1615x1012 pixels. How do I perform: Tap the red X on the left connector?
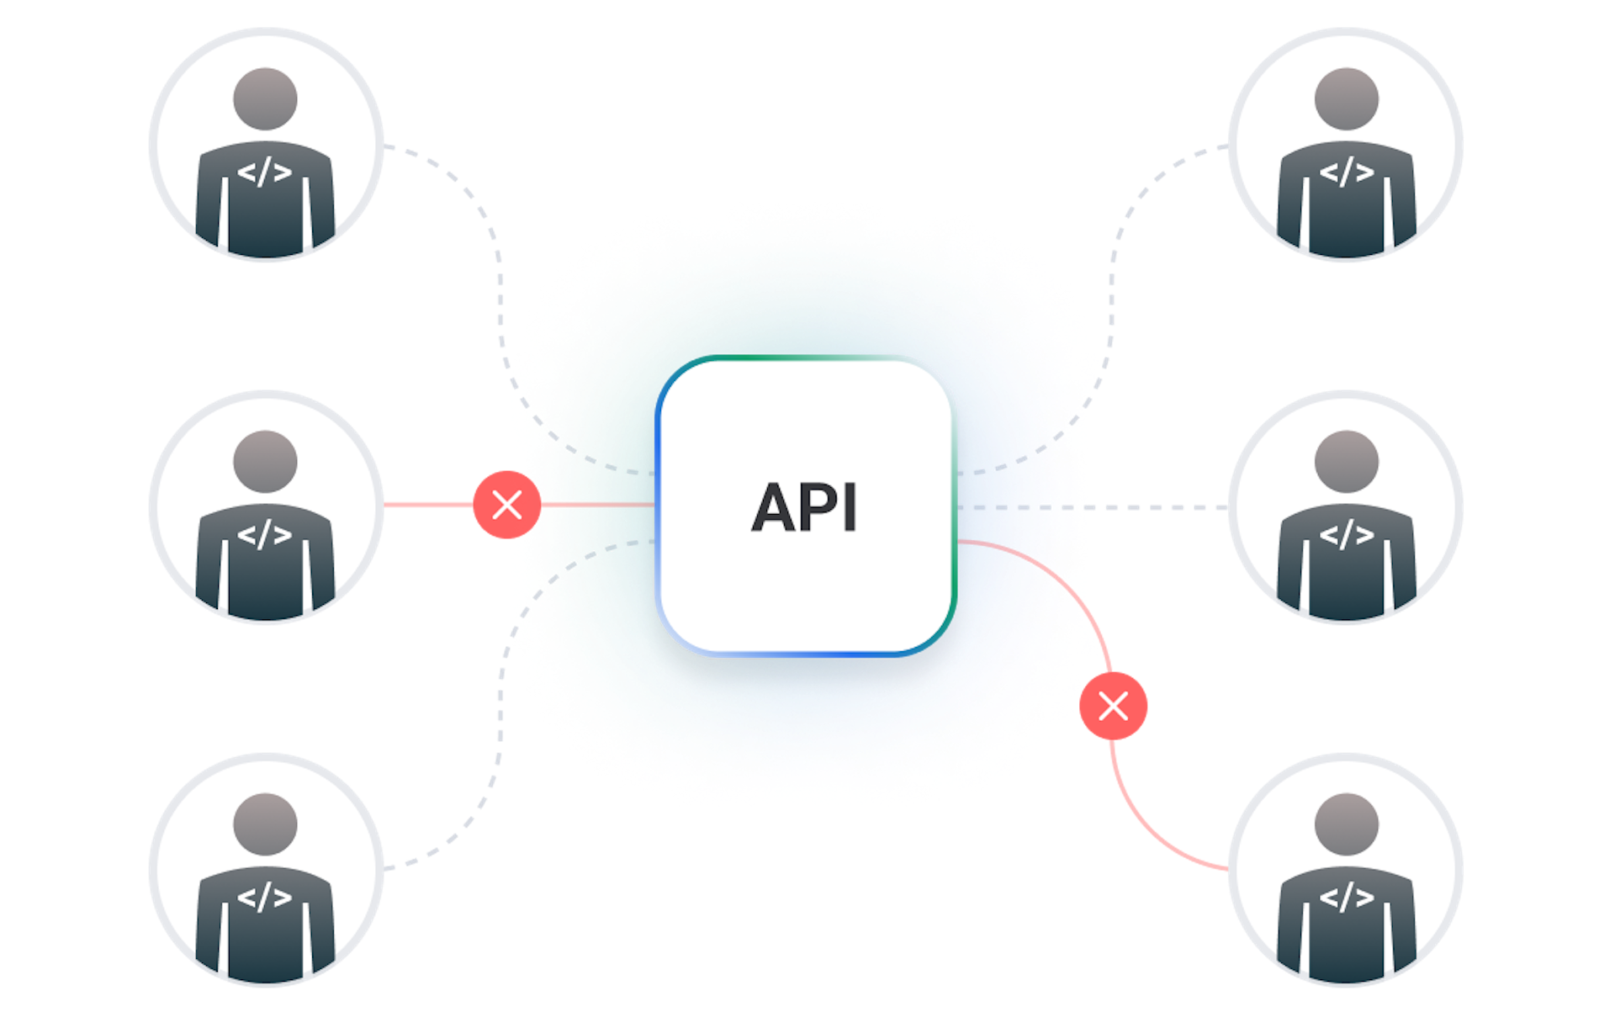(506, 505)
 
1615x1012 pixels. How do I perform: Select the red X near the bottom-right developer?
(1113, 706)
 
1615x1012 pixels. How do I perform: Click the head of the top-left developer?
(265, 98)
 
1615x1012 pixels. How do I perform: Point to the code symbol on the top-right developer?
(1346, 172)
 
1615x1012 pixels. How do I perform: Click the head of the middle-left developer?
(265, 461)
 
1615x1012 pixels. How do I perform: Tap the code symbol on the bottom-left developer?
(264, 897)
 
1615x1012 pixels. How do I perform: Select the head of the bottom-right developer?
(1346, 824)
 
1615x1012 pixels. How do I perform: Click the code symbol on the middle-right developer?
(1346, 534)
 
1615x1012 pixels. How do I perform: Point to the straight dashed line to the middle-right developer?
(1161, 508)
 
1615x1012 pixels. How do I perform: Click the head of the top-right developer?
(1346, 98)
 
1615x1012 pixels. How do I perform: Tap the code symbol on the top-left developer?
(264, 172)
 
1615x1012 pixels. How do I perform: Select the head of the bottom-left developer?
(265, 824)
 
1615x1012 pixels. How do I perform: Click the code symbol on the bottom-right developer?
(1346, 897)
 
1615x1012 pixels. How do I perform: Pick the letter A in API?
(776, 508)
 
